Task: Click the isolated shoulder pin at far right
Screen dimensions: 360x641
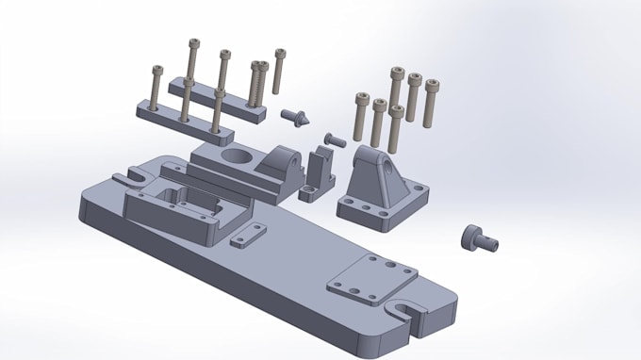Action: coord(479,239)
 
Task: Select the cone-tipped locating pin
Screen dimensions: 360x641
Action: coord(297,118)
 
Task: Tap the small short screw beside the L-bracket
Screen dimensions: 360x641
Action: coord(335,139)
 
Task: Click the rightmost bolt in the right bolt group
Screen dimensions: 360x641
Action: coord(432,102)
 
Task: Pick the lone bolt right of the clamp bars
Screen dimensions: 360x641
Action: coord(279,71)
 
